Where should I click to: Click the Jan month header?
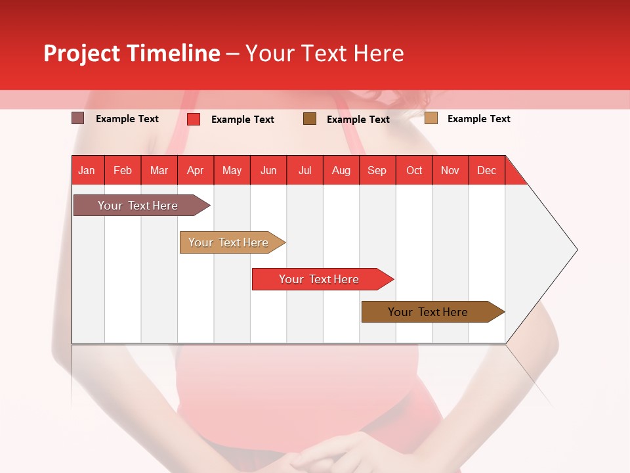tap(87, 171)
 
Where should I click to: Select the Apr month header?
tap(196, 171)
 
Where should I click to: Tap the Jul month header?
tap(304, 171)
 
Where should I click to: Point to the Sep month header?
tap(377, 171)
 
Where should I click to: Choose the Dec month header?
tap(486, 171)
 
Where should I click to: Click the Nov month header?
tap(450, 171)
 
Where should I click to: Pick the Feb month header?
tap(123, 171)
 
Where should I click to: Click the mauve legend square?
tap(78, 118)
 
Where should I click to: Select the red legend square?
tap(194, 119)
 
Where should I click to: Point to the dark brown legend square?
tap(310, 119)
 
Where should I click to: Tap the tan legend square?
tap(430, 118)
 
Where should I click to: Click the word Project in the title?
tap(81, 53)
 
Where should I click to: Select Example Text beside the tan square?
tap(478, 119)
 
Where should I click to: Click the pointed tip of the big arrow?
tap(576, 250)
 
